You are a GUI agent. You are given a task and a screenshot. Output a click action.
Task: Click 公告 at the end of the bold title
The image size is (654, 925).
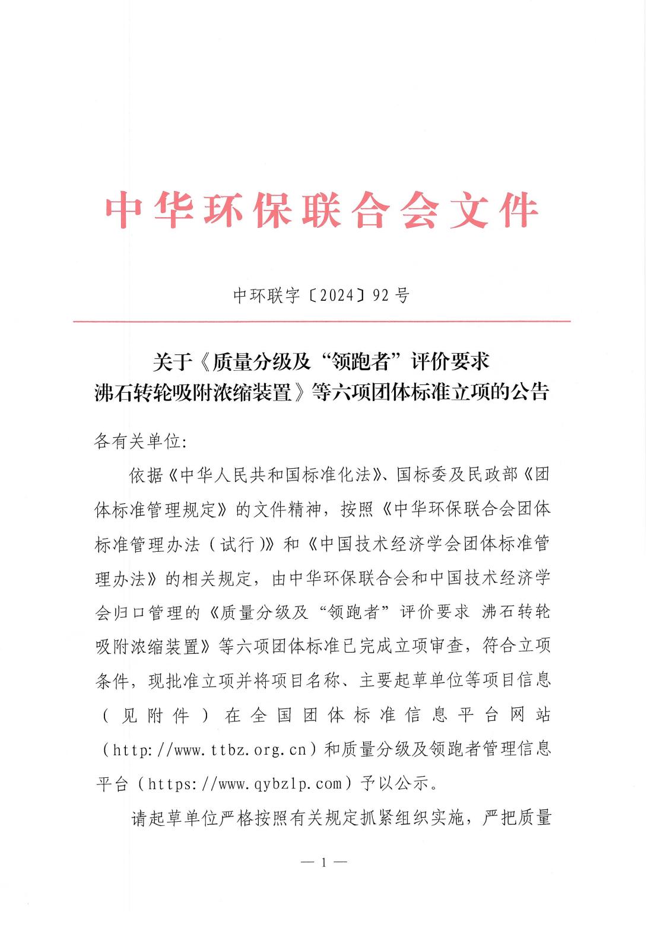point(532,392)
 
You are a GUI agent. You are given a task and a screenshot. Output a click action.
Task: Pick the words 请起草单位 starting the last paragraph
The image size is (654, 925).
point(172,819)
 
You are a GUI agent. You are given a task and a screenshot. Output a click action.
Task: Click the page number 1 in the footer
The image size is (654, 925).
point(323,863)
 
